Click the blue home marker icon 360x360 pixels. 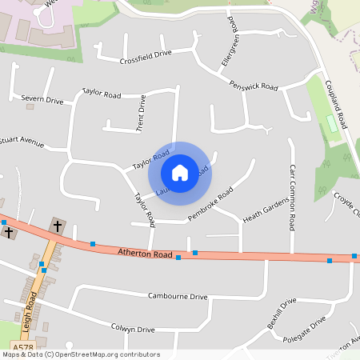[180, 172]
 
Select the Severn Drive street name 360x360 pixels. [42, 101]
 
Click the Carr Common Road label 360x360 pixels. [293, 196]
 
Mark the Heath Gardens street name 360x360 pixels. [264, 212]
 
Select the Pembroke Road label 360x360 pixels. [210, 203]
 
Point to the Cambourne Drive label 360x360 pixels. [177, 296]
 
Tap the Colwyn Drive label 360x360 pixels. [133, 329]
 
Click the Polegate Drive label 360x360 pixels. [305, 330]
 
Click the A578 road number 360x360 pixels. [24, 347]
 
